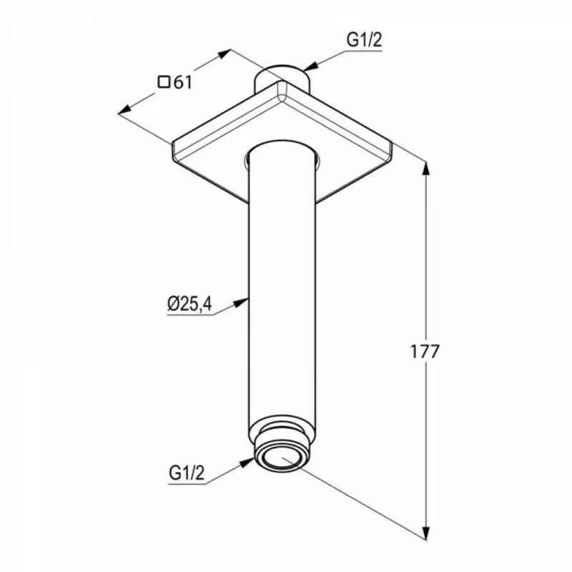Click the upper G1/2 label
[x=364, y=40]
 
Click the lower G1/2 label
[x=187, y=473]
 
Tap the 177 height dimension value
[x=425, y=351]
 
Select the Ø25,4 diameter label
[x=189, y=304]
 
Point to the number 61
[x=182, y=82]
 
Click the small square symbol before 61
[x=164, y=82]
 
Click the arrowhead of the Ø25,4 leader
[x=242, y=302]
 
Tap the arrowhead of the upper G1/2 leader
[x=310, y=66]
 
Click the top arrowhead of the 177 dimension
[x=425, y=169]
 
